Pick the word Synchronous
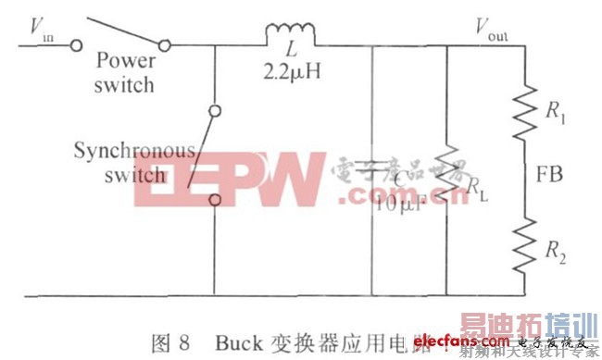pos(147,149)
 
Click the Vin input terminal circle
pos(77,43)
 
